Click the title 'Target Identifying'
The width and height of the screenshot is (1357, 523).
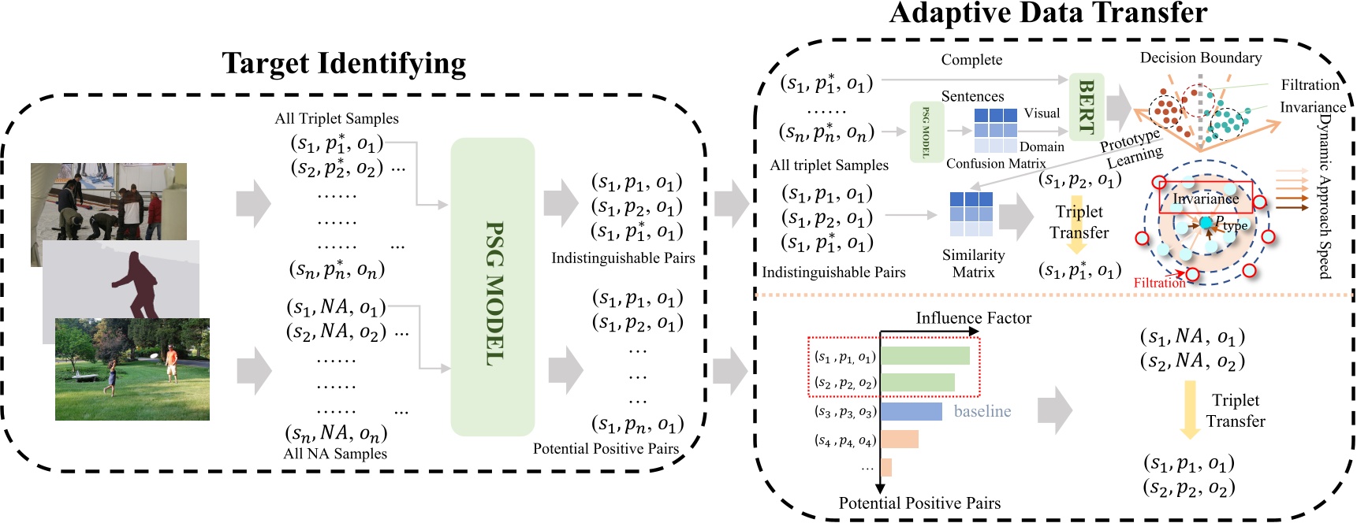(344, 64)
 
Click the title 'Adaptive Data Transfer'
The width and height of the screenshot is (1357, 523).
(1047, 13)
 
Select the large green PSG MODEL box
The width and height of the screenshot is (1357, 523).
(493, 287)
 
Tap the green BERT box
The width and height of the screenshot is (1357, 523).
(1086, 107)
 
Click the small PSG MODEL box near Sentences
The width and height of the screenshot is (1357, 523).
(926, 132)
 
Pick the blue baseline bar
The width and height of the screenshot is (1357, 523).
(911, 411)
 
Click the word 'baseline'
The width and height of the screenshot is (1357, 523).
(982, 411)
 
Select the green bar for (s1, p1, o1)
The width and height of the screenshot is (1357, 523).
(925, 356)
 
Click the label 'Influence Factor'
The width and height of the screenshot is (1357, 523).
(973, 318)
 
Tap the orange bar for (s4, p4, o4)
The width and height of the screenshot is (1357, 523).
(899, 440)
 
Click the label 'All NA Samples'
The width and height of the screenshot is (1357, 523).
(335, 454)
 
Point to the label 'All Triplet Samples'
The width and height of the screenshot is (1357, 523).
(337, 119)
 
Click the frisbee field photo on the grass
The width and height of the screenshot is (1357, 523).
(132, 369)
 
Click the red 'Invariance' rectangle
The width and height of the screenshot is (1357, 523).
(1204, 198)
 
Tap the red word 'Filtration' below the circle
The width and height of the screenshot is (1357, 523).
(1158, 283)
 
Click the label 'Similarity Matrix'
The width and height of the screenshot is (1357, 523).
(973, 264)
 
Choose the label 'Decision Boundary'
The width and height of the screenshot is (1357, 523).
(1200, 58)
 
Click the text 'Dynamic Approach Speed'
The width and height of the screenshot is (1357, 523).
(1325, 197)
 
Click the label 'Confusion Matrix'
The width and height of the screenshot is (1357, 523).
(995, 164)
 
